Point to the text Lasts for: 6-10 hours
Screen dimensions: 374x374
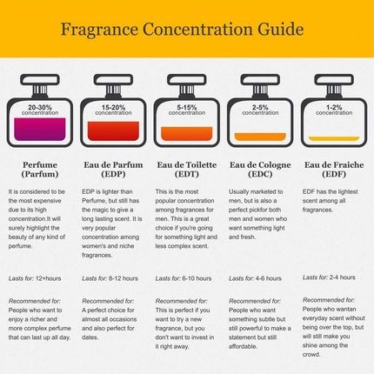point(184,278)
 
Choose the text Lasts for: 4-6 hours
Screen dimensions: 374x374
point(256,278)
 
